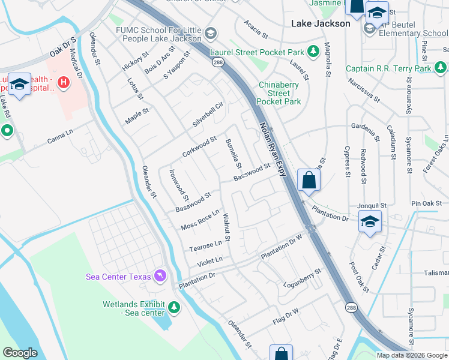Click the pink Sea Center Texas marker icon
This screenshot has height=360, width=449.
160,275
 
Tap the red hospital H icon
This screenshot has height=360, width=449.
62,80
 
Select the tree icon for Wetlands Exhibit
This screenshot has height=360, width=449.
174,308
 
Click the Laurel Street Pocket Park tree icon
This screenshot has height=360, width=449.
312,52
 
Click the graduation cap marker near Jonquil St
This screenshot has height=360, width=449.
370,221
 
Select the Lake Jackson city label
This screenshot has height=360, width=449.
320,23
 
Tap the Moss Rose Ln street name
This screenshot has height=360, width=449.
200,220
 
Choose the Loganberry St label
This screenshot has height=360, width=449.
303,276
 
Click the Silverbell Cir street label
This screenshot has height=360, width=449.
208,114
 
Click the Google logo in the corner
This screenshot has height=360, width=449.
20,353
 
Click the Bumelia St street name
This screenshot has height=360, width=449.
233,154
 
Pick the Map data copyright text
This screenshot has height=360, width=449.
411,355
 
